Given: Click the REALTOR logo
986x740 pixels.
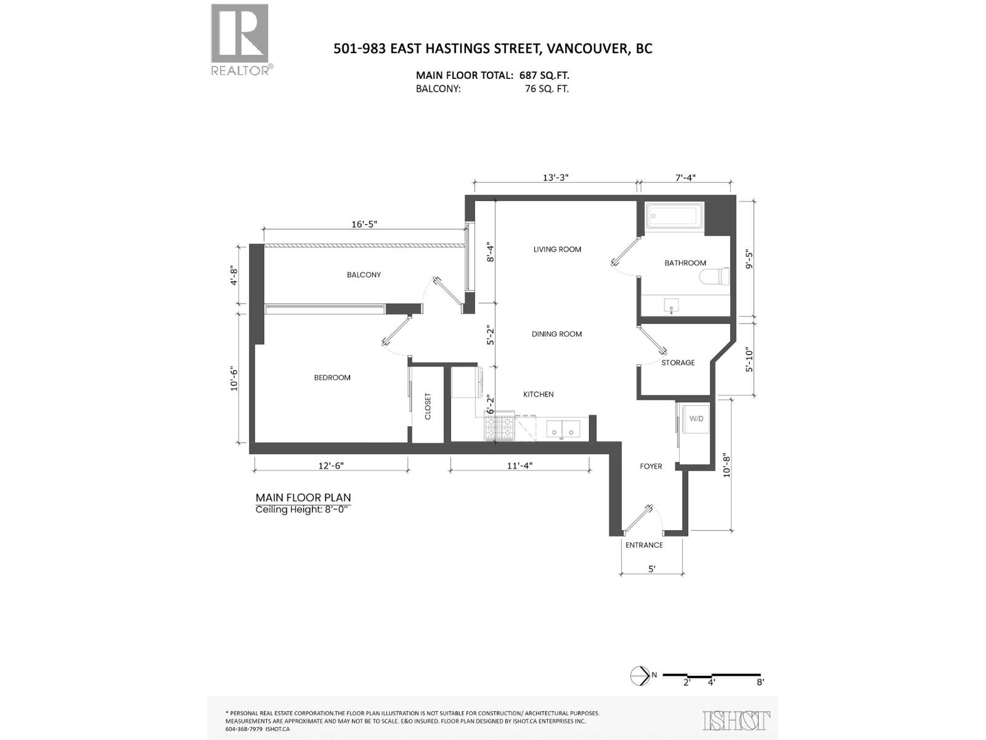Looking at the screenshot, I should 240,40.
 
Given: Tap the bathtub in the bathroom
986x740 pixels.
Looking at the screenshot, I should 675,217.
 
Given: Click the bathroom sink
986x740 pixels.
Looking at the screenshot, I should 671,305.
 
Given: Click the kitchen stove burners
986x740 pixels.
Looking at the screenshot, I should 500,427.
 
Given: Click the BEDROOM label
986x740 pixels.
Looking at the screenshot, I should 332,377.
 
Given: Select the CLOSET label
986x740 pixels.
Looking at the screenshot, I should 428,406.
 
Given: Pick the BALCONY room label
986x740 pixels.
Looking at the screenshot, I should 364,274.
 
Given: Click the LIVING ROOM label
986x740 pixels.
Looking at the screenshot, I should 557,249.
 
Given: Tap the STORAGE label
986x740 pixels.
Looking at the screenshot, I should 678,363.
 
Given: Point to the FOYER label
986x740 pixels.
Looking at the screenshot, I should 651,466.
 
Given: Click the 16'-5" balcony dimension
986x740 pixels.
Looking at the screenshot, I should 364,224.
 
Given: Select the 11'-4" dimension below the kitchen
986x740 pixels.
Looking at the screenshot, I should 519,466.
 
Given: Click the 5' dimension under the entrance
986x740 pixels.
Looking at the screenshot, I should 651,569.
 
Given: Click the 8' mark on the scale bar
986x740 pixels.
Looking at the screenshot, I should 760,682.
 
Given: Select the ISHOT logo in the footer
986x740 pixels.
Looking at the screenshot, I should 736,720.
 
